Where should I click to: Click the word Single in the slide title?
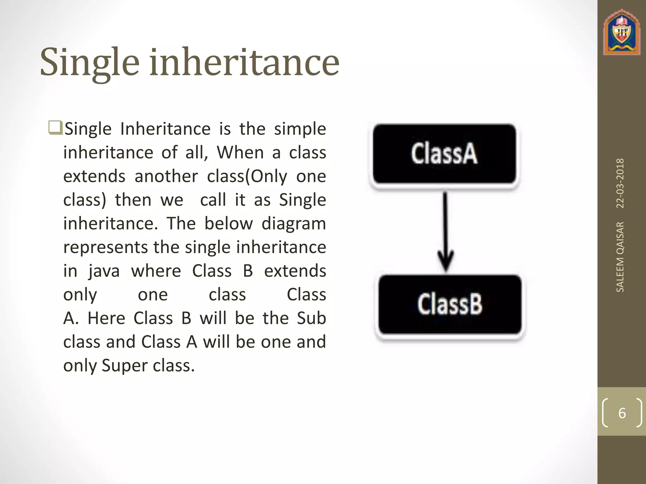click(x=90, y=62)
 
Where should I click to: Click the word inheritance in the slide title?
click(x=244, y=62)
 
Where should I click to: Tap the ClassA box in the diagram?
click(x=444, y=154)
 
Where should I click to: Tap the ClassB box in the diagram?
click(x=450, y=304)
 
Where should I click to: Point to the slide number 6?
click(x=622, y=413)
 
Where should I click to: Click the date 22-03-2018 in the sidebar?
click(x=620, y=183)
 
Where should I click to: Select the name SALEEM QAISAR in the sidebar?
click(x=620, y=257)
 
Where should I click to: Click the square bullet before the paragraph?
click(x=56, y=128)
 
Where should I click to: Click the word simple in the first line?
click(x=300, y=129)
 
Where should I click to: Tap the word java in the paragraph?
click(x=104, y=271)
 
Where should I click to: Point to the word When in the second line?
click(x=240, y=153)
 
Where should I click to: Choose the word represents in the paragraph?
click(x=105, y=248)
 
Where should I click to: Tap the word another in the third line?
click(x=166, y=176)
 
